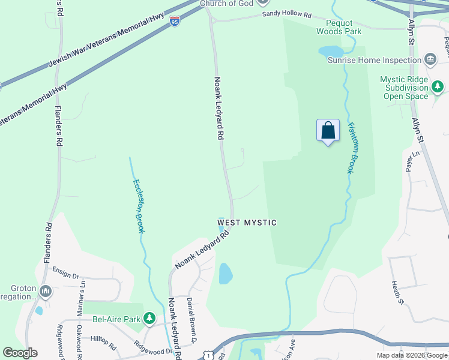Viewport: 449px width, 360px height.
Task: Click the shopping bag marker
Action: tap(328, 131)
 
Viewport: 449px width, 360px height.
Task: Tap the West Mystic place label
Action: tap(247, 223)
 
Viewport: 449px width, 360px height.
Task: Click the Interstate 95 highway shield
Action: tap(175, 22)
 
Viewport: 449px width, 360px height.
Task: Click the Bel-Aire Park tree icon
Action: tap(149, 319)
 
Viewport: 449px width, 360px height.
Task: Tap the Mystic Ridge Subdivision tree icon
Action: tap(438, 88)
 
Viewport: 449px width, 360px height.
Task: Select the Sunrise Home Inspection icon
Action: tap(430, 59)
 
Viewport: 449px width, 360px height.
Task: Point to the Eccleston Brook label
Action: tap(139, 206)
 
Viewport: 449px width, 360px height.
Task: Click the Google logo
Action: tap(20, 353)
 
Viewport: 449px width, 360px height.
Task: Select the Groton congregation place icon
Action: tap(46, 292)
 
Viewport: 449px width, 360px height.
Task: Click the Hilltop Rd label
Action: tap(103, 341)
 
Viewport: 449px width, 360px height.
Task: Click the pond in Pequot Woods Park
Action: tap(330, 51)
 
